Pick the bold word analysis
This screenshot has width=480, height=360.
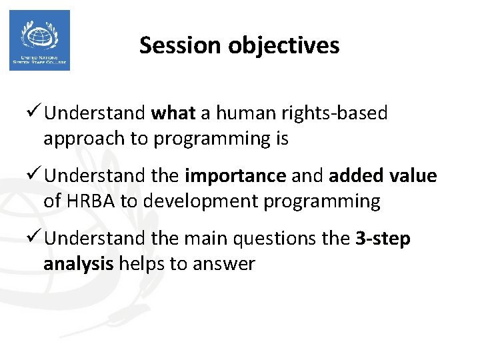pyautogui.click(x=79, y=264)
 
